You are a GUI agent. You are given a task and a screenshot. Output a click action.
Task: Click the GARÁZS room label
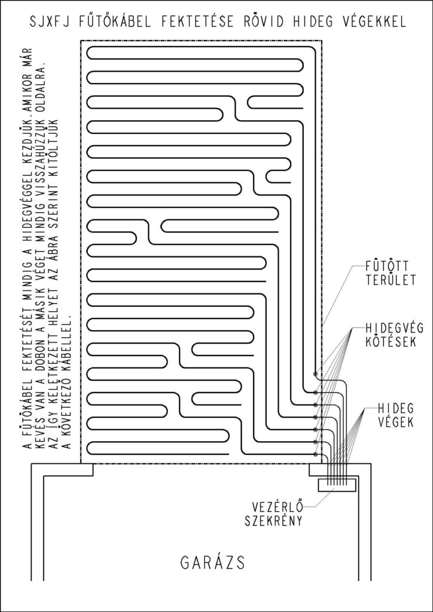coord(213,562)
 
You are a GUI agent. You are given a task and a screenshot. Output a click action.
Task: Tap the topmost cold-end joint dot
coord(315,374)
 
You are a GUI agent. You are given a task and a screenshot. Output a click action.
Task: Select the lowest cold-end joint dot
coord(315,454)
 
